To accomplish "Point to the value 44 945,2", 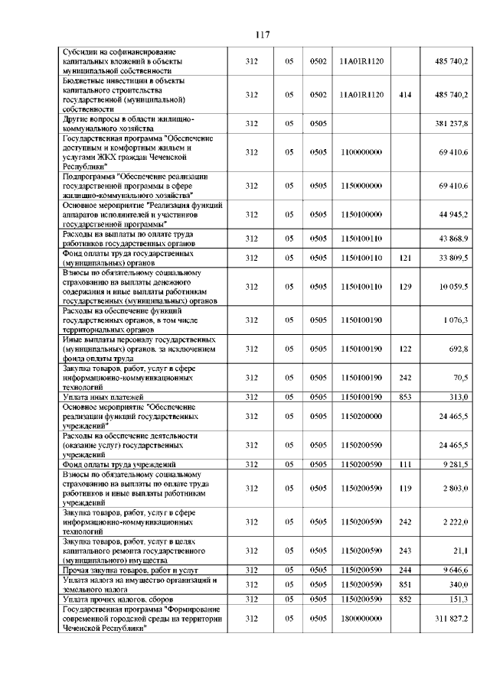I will [x=453, y=215].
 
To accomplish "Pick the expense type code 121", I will [x=406, y=258].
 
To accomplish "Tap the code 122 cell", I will [x=406, y=349].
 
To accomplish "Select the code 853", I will [x=406, y=396].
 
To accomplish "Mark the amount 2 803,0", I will [x=456, y=488].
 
